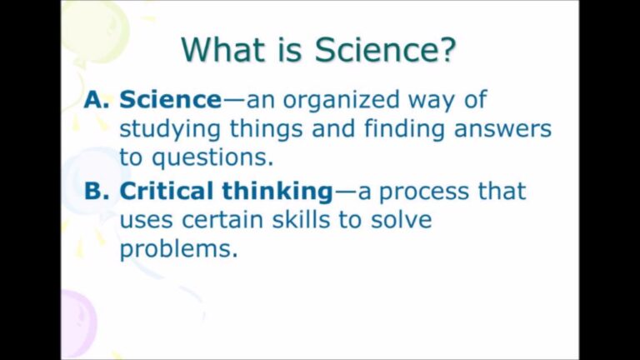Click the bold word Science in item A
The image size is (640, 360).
(x=171, y=100)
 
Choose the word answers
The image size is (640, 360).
(x=502, y=130)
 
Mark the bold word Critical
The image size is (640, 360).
(x=172, y=191)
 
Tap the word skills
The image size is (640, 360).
(x=301, y=220)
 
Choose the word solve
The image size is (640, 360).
(x=401, y=220)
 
